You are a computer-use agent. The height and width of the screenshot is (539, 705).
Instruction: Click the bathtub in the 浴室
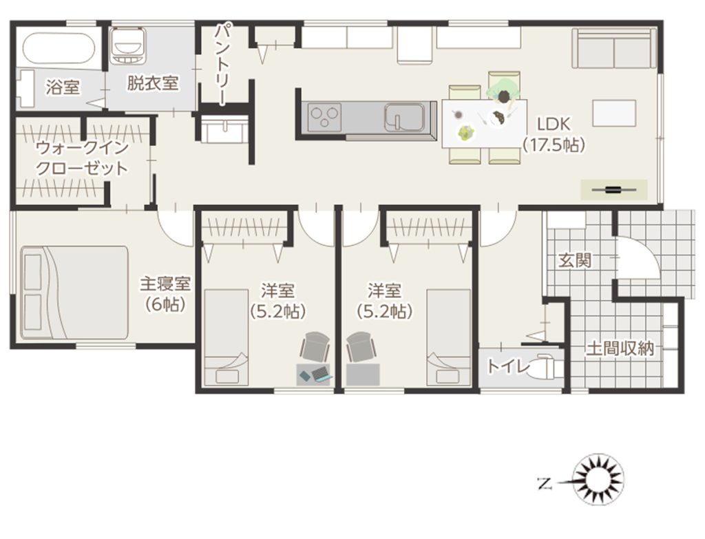59,49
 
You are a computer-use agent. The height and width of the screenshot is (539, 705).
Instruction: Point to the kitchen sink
403,117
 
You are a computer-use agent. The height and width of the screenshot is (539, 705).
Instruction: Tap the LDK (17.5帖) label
554,134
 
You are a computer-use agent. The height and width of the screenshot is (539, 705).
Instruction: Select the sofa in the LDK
614,48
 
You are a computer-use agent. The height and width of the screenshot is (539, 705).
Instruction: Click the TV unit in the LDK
613,190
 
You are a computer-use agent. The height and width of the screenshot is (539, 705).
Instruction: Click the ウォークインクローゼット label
82,158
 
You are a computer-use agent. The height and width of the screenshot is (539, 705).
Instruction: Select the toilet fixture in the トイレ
545,366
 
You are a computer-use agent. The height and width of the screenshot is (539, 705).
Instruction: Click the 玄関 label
574,260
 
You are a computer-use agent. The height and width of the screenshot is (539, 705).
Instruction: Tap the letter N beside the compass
545,484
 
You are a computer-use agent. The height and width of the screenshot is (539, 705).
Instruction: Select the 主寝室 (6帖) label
165,294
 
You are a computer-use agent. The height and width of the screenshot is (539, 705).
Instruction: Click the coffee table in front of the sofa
613,114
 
